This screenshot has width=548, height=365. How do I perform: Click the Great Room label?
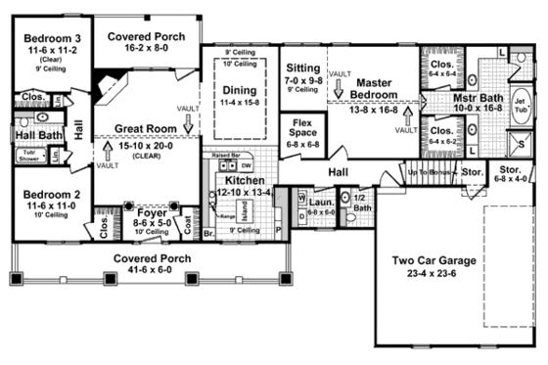click(x=144, y=128)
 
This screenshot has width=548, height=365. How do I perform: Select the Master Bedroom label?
click(x=376, y=87)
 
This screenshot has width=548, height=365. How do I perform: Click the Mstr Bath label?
click(x=479, y=98)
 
